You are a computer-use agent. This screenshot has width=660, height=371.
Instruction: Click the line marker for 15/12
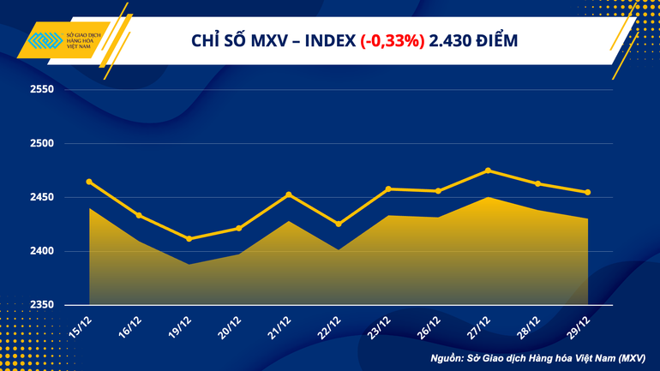point(89,182)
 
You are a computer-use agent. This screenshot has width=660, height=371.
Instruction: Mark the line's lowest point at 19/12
point(189,238)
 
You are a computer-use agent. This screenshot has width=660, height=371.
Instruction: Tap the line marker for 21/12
point(289,194)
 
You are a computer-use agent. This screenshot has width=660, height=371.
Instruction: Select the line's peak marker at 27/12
point(488,171)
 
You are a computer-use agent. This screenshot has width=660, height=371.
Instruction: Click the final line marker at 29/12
point(587,193)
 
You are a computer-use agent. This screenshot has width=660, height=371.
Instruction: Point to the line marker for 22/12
point(339,224)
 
